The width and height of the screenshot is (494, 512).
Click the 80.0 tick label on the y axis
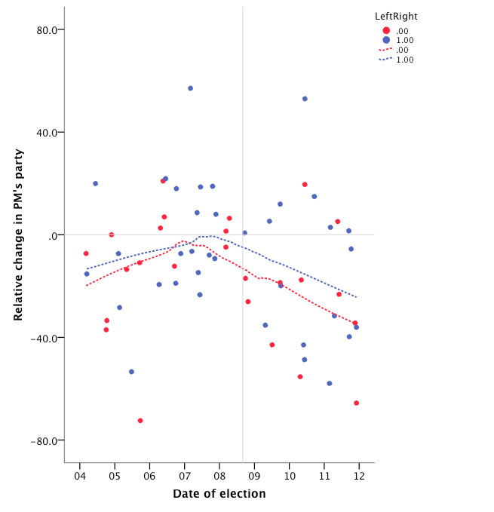click(47, 29)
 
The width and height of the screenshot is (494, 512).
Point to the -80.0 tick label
click(45, 440)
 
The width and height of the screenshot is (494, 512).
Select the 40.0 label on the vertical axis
click(47, 132)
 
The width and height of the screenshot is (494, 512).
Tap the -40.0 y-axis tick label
click(45, 338)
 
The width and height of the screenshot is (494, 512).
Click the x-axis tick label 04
click(80, 476)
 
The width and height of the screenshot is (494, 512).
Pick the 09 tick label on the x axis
click(254, 476)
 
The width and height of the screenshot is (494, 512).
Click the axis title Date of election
click(219, 494)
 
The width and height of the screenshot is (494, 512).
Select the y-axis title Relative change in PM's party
click(19, 235)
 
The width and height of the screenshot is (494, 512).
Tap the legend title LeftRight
click(396, 16)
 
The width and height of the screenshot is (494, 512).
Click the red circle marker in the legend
click(386, 30)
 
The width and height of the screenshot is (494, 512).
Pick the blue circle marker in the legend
click(386, 40)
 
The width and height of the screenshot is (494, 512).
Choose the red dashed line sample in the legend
click(385, 50)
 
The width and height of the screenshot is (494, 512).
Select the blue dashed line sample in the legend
click(385, 60)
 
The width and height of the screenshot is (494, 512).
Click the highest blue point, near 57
click(190, 88)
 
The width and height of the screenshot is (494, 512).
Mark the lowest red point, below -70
click(140, 421)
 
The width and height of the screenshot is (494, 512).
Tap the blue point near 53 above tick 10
click(305, 99)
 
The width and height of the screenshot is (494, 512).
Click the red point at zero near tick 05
click(112, 235)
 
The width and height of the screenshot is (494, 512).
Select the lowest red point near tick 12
click(356, 403)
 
